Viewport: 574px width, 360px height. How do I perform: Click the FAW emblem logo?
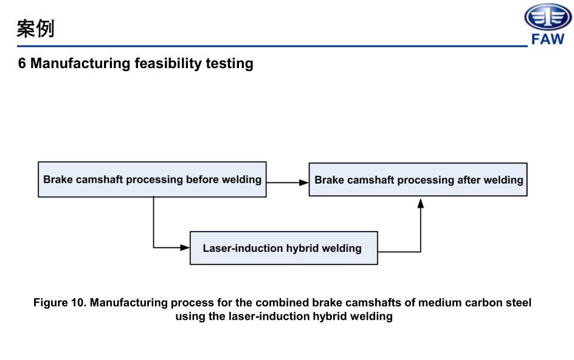coord(548,18)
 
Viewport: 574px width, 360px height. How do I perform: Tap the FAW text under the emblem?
coord(548,40)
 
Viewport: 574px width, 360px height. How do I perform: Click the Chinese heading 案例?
coord(35,28)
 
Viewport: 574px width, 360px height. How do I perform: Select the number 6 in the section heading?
coord(22,63)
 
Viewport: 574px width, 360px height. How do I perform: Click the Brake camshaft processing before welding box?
coord(152,179)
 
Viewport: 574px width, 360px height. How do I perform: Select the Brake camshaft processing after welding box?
coord(418,179)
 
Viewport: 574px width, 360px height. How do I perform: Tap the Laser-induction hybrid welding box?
coord(283,248)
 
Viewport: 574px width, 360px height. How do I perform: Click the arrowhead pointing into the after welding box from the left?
coord(305,182)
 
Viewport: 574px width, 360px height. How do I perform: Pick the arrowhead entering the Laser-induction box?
coord(185,247)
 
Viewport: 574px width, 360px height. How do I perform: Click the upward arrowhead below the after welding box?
coord(420,203)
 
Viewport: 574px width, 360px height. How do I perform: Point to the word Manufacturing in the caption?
coord(129,303)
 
